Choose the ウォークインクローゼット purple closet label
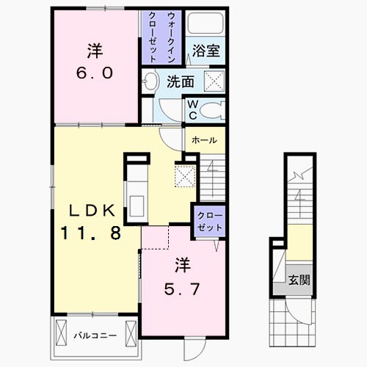[x=161, y=37]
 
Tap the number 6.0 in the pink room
[x=95, y=73]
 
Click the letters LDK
[x=92, y=211]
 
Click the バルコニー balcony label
[x=95, y=335]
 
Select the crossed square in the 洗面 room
[x=214, y=81]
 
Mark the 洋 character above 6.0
[x=95, y=51]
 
